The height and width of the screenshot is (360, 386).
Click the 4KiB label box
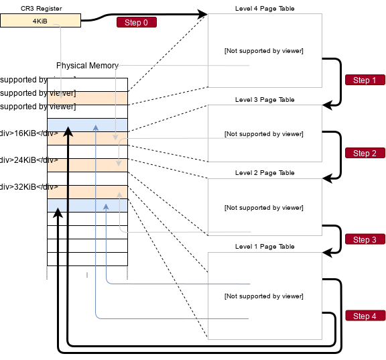pos(40,21)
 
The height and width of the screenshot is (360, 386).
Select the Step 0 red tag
pos(136,23)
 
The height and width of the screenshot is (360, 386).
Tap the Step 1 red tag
pos(365,80)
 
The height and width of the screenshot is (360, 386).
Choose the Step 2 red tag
pos(365,154)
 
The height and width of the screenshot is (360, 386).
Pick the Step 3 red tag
pos(365,240)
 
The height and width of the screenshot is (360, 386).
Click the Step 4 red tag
pos(365,316)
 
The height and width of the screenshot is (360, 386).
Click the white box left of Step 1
pos(265,50)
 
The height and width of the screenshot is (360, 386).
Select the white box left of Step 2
pos(265,133)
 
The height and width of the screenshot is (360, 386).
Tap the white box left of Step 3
pos(265,207)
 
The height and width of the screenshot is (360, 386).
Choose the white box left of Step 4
pos(265,295)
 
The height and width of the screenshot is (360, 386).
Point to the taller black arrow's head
pos(68,132)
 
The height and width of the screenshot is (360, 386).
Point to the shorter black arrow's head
pos(58,213)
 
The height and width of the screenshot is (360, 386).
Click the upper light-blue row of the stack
pos(87,125)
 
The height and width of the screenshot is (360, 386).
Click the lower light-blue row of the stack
pos(87,206)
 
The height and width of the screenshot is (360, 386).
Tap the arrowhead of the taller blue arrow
pos(96,126)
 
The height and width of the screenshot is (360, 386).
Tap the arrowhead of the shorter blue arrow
pos(107,207)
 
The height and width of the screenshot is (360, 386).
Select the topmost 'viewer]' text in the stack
pos(62,93)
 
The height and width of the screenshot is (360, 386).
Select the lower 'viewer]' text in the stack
pos(62,107)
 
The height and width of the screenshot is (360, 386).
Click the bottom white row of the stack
pos(87,259)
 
